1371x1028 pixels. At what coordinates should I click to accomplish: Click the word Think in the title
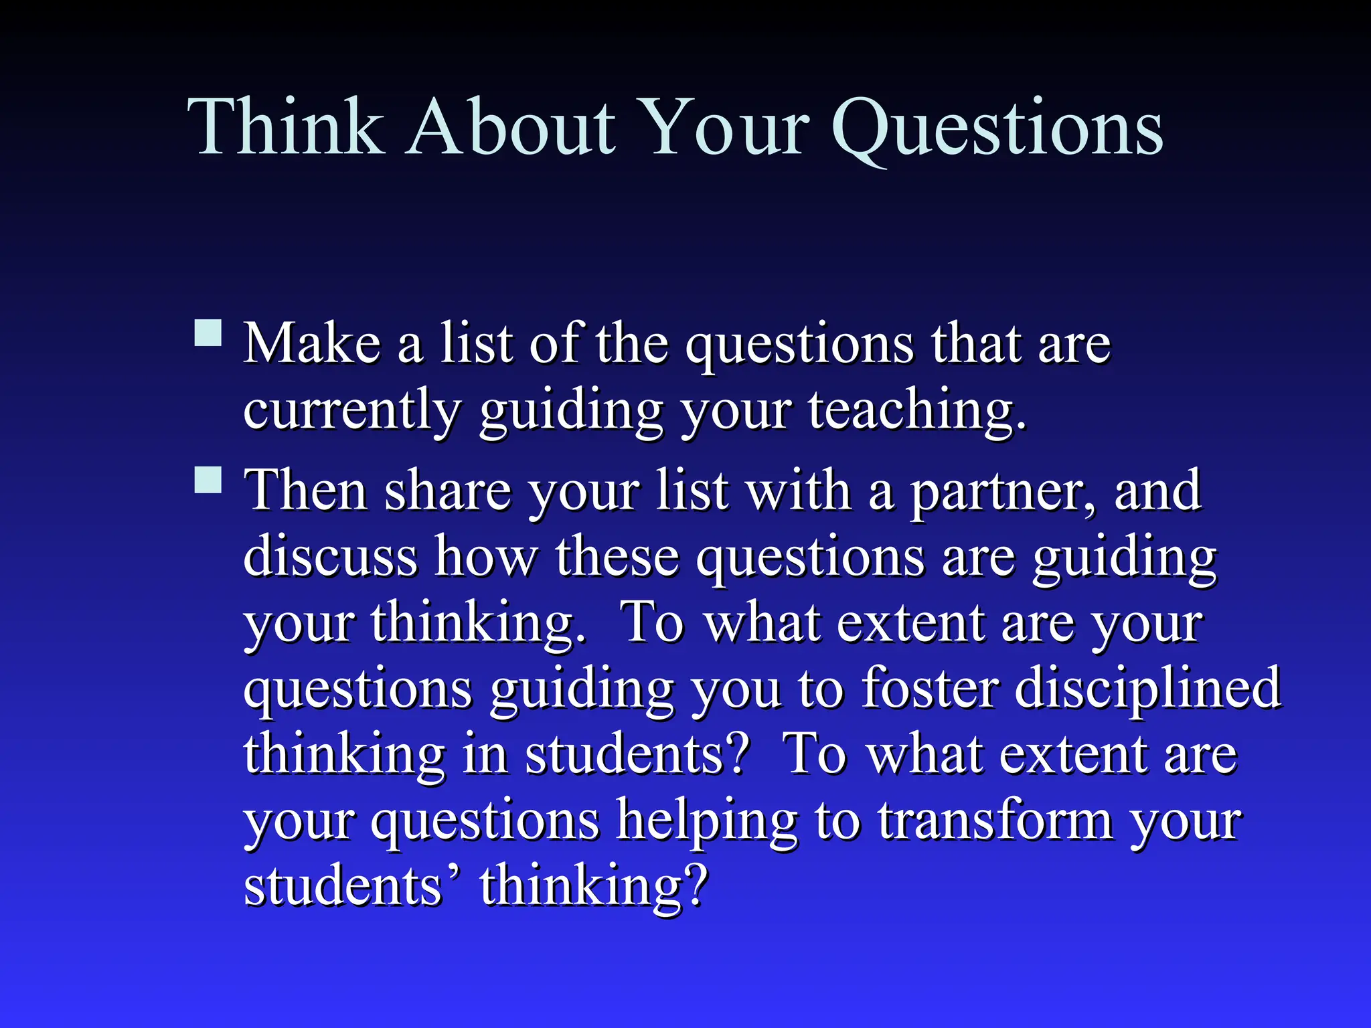tap(285, 127)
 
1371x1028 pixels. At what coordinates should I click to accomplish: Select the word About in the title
tap(512, 127)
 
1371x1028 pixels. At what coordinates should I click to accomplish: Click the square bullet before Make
tap(208, 332)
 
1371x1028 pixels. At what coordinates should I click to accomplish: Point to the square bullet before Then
tap(208, 479)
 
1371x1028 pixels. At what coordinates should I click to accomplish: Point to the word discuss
tap(330, 556)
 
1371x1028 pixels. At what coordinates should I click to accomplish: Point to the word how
tap(486, 556)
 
